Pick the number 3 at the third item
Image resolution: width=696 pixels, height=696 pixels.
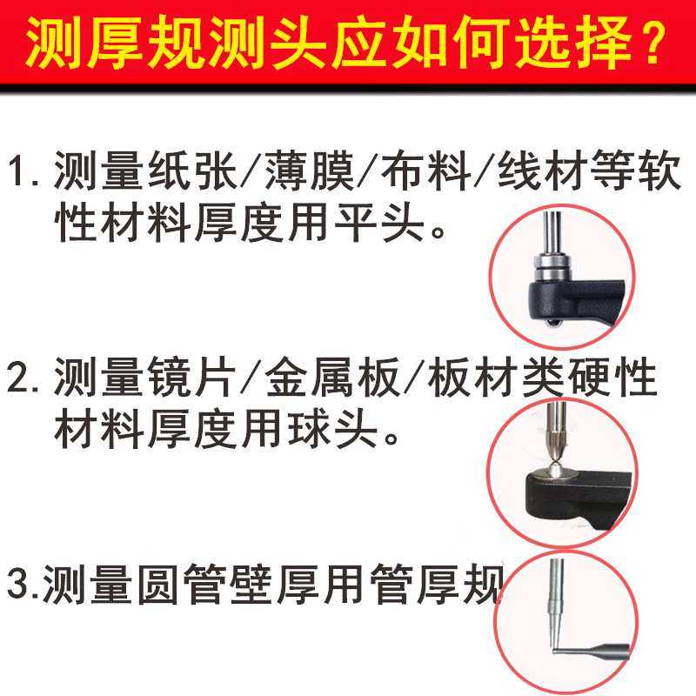[19, 584]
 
